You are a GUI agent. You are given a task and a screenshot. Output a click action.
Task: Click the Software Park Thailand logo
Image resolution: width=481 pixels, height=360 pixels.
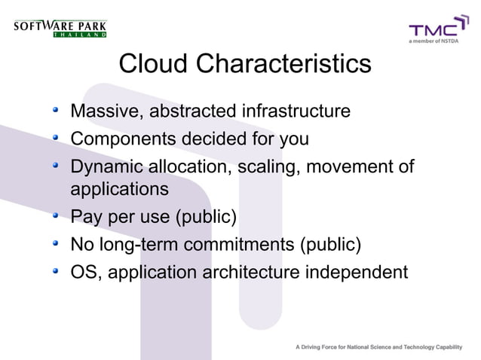pos(60,28)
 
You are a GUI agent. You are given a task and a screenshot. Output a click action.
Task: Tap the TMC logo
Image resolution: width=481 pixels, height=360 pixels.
pos(434,32)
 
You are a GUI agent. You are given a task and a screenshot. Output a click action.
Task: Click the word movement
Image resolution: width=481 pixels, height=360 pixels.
pos(347,166)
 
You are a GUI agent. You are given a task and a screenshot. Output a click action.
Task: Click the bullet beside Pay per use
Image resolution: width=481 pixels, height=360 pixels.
pos(56,218)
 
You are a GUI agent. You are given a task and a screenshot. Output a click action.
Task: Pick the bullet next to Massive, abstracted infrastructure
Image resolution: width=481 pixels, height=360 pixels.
pos(56,112)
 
